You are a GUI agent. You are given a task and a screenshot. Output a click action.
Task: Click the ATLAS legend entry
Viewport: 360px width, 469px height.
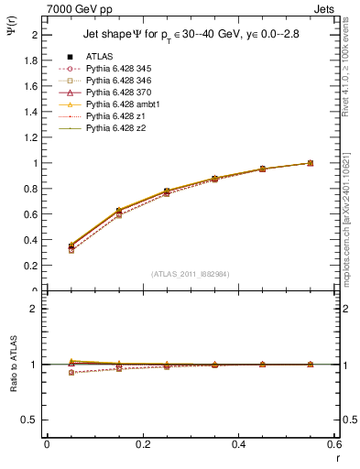[x=98, y=58]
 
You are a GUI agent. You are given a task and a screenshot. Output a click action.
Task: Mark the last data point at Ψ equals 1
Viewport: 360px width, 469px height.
[x=311, y=163]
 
